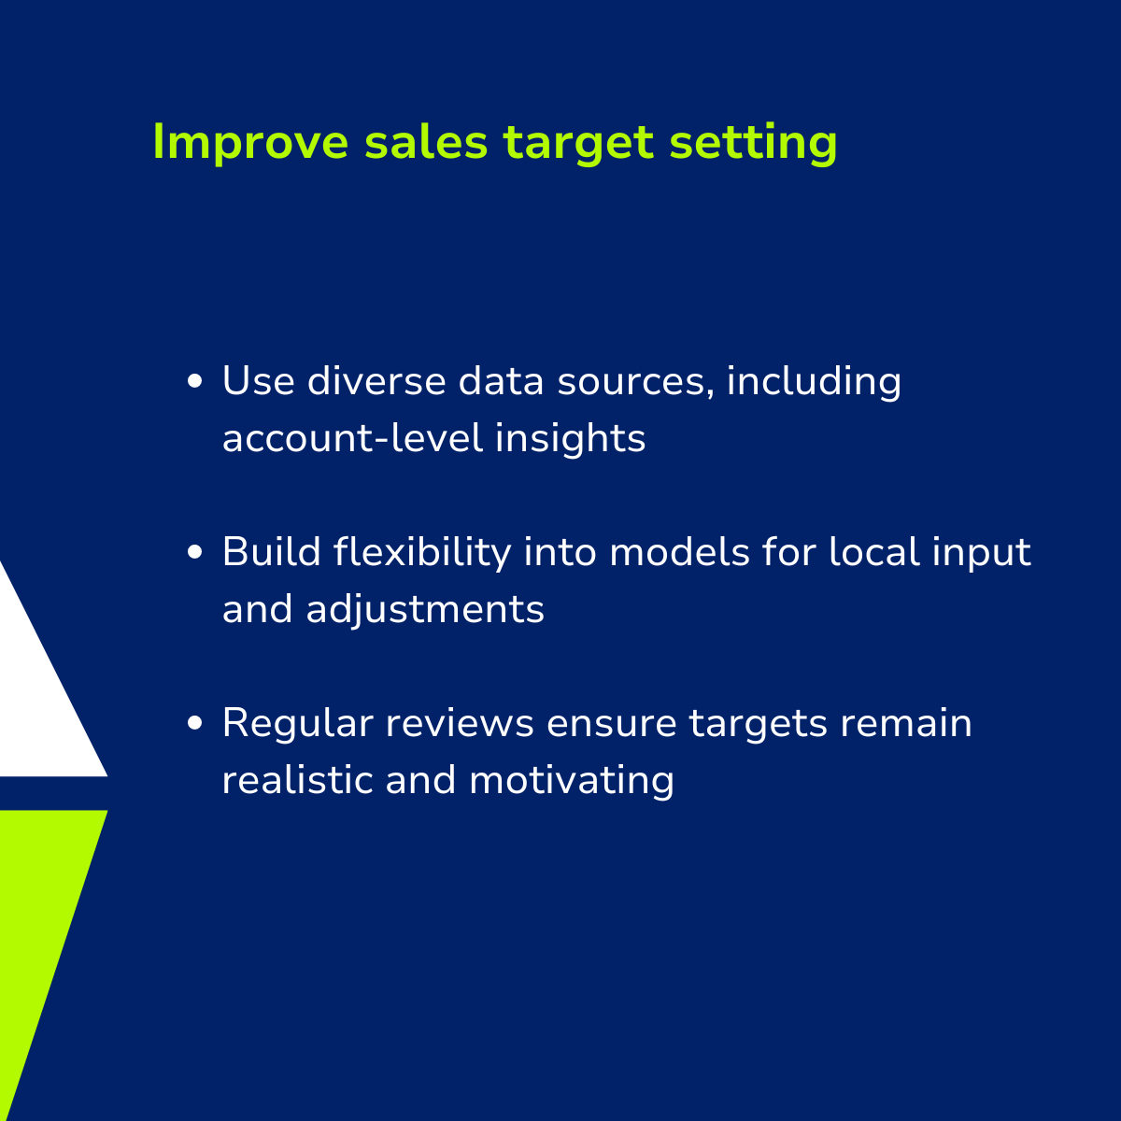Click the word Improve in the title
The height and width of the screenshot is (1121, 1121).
[x=250, y=143]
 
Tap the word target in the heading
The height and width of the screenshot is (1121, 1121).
[x=578, y=143]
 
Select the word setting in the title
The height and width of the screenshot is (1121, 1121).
[x=753, y=143]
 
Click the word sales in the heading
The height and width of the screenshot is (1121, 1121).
[x=426, y=143]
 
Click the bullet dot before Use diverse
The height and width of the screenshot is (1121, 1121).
[x=195, y=382]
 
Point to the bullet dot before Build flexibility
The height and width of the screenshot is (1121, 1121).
[x=195, y=552]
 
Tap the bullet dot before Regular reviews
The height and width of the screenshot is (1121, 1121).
[x=195, y=723]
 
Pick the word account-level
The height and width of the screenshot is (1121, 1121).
[x=352, y=438]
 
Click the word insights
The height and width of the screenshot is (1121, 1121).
[x=570, y=439]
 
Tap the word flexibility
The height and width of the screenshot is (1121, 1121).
[x=422, y=553]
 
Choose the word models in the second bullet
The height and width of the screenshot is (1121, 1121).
[x=679, y=552]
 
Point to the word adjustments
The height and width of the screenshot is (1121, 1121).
[x=425, y=610]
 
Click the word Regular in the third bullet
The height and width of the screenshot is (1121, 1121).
[x=297, y=723]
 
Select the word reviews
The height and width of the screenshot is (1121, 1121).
[x=459, y=723]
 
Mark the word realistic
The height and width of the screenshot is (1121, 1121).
[x=297, y=780]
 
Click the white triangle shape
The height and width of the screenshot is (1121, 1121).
[x=35, y=698]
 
